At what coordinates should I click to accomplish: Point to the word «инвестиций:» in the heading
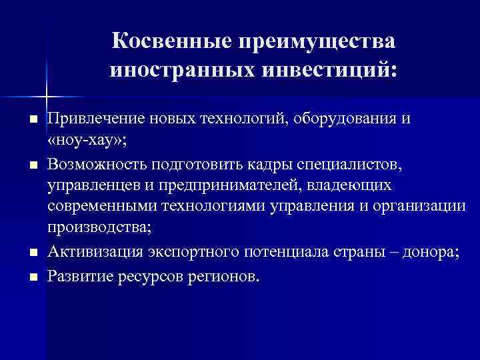tap(332, 69)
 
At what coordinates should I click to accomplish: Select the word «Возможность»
tap(97, 164)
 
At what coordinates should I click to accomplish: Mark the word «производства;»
tap(99, 227)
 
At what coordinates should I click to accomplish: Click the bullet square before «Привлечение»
tap(31, 121)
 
